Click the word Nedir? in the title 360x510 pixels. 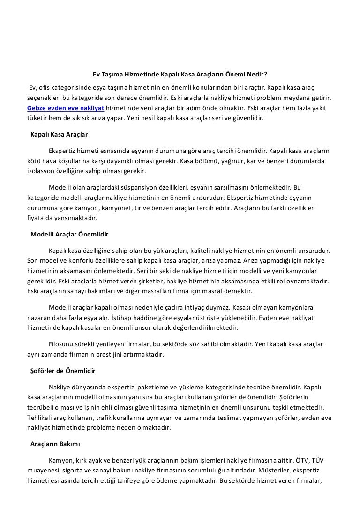[x=256, y=74]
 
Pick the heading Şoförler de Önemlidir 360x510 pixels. [x=62, y=371]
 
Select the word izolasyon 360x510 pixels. [x=40, y=171]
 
